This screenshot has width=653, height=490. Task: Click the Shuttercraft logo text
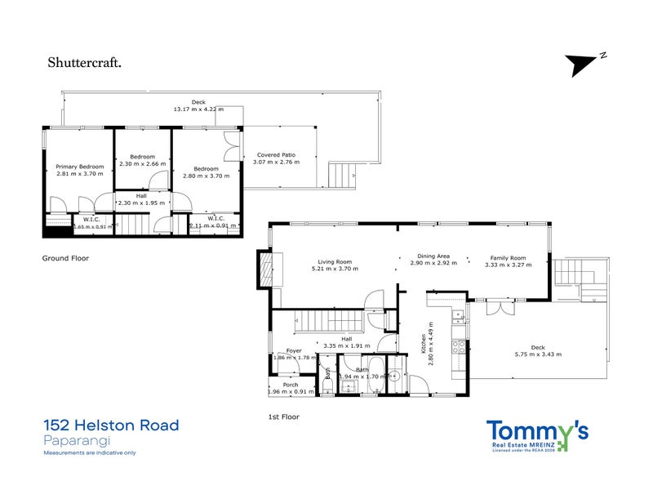[85, 60]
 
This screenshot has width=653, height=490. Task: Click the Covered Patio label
[276, 154]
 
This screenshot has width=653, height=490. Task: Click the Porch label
[291, 385]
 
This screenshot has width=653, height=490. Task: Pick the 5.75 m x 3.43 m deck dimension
[538, 354]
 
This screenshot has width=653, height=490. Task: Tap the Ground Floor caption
[65, 257]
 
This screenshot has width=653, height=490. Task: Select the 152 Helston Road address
[110, 425]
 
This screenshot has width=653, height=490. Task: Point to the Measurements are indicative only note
[90, 452]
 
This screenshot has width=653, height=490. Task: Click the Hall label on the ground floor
[141, 195]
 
